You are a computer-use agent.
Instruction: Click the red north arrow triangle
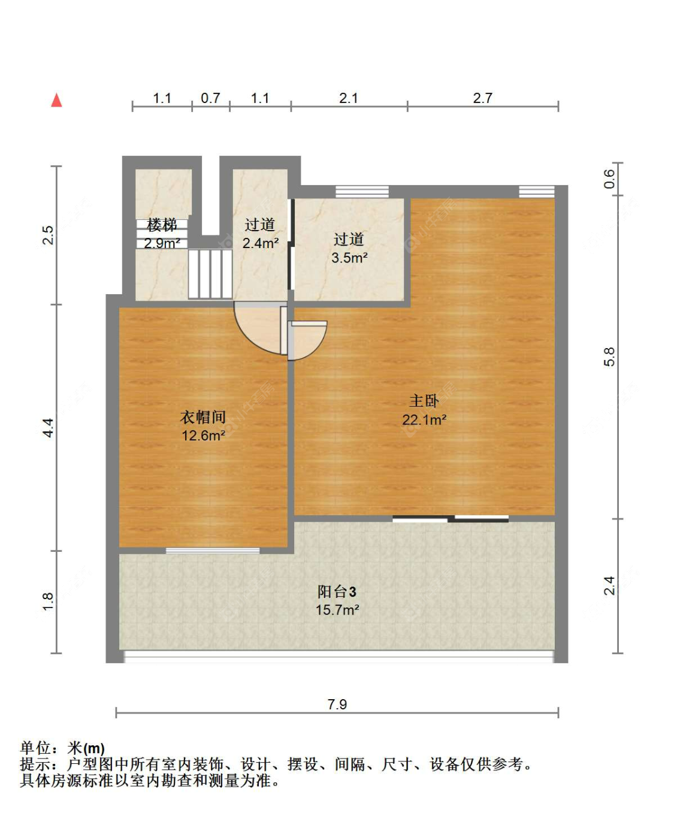56,100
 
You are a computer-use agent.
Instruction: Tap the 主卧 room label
424,401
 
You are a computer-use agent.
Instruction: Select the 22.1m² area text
424,420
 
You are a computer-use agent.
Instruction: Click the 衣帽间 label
203,417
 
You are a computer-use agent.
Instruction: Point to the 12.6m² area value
203,436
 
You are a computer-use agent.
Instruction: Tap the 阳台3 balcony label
337,592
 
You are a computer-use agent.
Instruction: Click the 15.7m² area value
337,610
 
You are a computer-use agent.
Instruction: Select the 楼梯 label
162,225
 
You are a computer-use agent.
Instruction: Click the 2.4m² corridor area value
261,243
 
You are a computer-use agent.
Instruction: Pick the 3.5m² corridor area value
349,258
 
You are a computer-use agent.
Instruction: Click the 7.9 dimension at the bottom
337,704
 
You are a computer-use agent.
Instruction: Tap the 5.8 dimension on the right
609,357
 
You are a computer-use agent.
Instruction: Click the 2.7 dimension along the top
482,98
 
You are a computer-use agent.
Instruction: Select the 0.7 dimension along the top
210,98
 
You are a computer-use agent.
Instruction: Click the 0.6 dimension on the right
609,179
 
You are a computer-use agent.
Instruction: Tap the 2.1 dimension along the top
348,98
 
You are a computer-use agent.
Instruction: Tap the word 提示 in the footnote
35,764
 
